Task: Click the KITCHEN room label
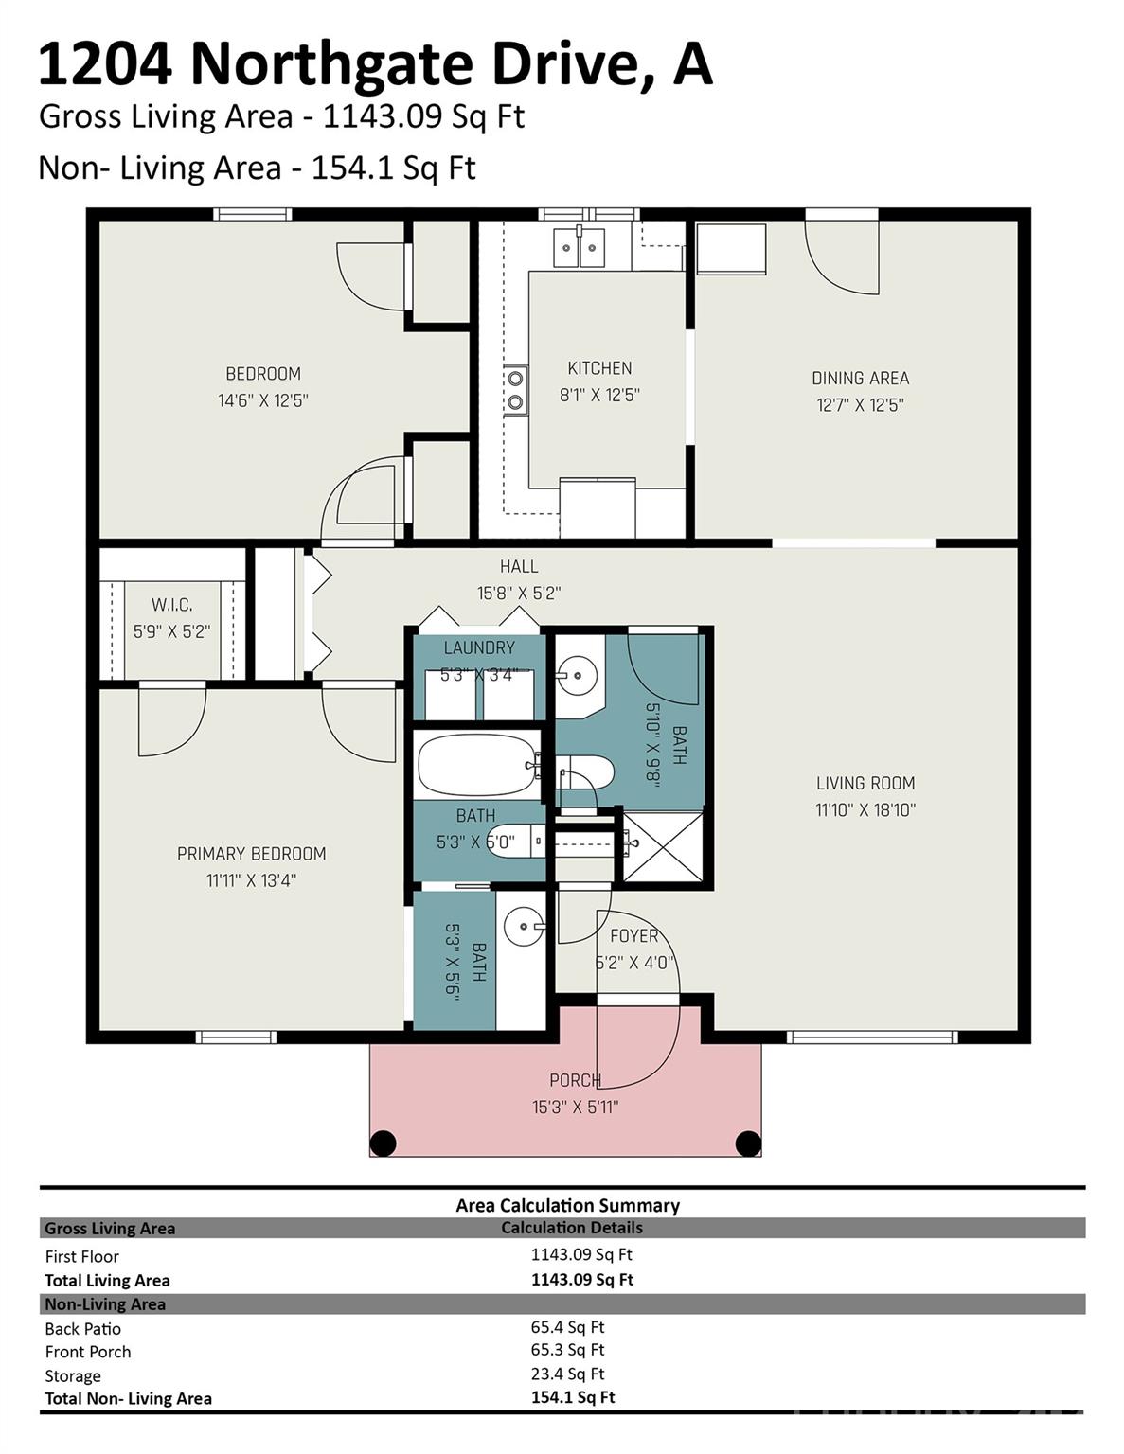(599, 368)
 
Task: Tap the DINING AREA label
(860, 378)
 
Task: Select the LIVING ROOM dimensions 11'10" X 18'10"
(865, 810)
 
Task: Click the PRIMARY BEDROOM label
(251, 854)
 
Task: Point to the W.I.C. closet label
(171, 605)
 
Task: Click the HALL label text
(519, 566)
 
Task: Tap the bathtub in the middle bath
(476, 764)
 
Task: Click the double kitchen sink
(579, 248)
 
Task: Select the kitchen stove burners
(515, 390)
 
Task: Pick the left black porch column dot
(382, 1144)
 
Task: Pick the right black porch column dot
(748, 1144)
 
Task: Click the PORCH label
(575, 1080)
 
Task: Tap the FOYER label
(633, 936)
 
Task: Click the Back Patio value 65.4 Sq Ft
(567, 1327)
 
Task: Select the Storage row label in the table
(73, 1375)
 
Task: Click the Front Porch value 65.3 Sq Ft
(567, 1350)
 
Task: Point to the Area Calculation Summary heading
(567, 1205)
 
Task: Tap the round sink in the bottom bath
(523, 927)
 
